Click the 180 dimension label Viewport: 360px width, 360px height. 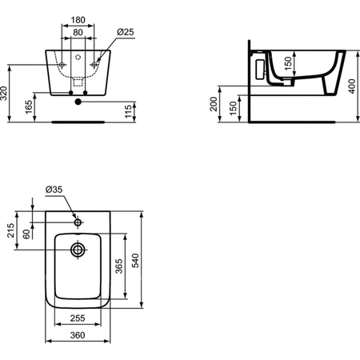coord(78,20)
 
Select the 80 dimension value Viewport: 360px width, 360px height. coord(78,33)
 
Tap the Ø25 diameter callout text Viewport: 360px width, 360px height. coord(126,32)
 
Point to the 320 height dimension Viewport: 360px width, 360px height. coord(4,93)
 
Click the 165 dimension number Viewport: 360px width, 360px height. coord(29,107)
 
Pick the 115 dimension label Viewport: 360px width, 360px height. coord(128,111)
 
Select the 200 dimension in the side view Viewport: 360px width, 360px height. coord(214,104)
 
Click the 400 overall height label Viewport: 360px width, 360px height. coord(352,86)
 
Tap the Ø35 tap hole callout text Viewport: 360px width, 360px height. coord(54,190)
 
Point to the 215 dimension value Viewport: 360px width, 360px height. coord(10,230)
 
